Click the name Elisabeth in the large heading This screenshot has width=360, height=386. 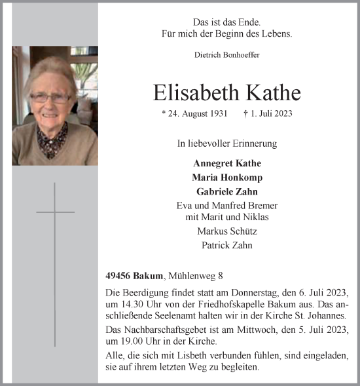click(189, 92)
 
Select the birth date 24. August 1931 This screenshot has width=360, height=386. click(194, 113)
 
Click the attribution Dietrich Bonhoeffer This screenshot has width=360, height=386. click(226, 55)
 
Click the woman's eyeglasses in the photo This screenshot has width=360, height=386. click(50, 98)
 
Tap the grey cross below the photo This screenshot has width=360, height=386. click(55, 262)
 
